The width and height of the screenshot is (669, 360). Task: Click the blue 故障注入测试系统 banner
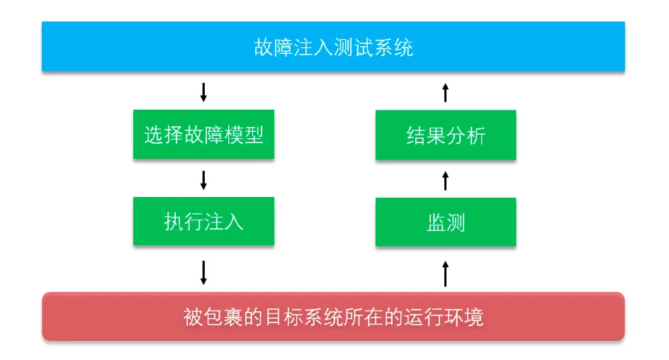point(333,47)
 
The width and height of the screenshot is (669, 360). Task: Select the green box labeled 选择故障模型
point(203,135)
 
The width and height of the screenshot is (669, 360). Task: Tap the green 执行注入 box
point(203,221)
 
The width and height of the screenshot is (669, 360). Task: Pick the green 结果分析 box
point(446,135)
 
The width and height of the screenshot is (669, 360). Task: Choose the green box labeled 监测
point(446,222)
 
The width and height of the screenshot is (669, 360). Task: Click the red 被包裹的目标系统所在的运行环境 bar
point(333,316)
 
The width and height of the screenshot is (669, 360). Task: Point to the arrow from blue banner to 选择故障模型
point(203,91)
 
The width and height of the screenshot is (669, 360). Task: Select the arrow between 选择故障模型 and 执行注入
point(203,179)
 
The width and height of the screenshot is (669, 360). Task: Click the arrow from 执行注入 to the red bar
point(203,272)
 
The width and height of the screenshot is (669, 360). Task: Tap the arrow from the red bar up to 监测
point(446,273)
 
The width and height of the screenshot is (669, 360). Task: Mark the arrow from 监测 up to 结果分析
point(446,180)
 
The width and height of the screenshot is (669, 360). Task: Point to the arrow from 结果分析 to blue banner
point(446,92)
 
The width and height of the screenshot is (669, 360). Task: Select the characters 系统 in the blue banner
point(393,47)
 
